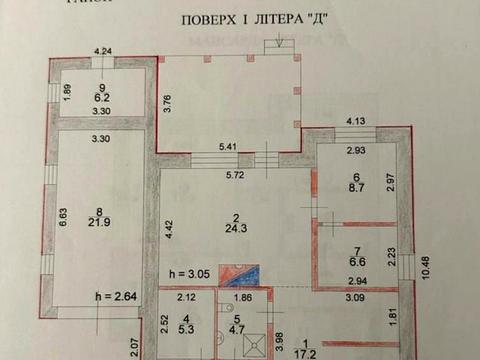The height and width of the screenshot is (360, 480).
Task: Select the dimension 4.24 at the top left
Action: pos(104,50)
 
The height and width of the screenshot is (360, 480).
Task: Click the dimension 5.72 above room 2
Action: pos(235,176)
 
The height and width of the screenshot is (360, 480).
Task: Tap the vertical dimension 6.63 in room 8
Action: pos(63,217)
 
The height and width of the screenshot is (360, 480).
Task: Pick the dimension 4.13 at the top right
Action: pos(357,122)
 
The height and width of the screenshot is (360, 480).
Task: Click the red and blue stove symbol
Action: pos(243,273)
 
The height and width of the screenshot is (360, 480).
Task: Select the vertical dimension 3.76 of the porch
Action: pos(167,103)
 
